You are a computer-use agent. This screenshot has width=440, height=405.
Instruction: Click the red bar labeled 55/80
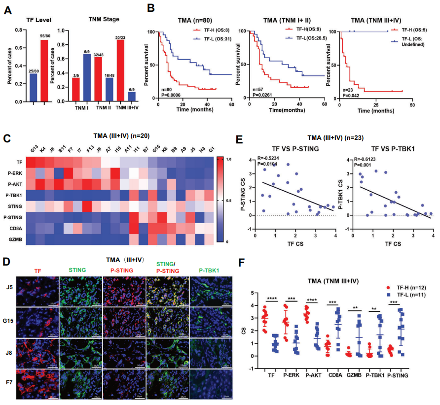point(44,71)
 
